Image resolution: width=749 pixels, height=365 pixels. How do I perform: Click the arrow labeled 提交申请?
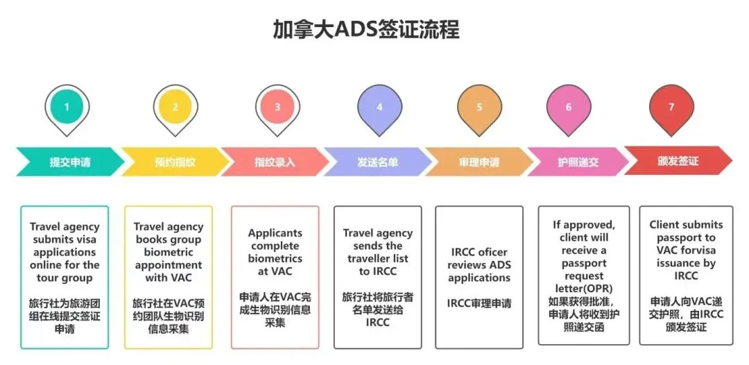tap(69, 162)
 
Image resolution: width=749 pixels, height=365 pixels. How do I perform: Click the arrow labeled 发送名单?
tap(377, 162)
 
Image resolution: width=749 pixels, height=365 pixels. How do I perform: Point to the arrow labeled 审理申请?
tap(479, 162)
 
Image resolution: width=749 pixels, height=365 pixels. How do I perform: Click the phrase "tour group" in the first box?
tap(64, 278)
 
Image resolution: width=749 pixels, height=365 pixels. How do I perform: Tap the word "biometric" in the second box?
tap(168, 252)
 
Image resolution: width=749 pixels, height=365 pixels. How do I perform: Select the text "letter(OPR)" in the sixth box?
tap(584, 289)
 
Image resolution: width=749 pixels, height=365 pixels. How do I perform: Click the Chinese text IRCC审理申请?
tap(479, 303)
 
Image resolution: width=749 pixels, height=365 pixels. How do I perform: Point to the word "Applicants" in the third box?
tap(275, 232)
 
